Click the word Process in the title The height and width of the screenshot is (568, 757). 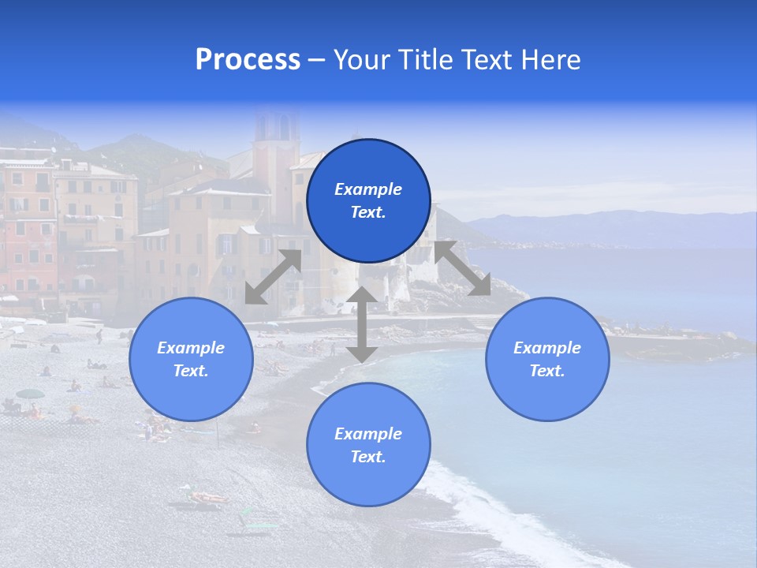(x=248, y=60)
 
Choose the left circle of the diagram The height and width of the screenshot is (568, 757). (x=191, y=359)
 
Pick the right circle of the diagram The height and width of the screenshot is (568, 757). (x=547, y=359)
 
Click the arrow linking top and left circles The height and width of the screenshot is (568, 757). (x=273, y=277)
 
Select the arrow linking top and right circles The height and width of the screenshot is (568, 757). (x=463, y=268)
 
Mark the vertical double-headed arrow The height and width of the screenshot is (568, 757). (x=362, y=324)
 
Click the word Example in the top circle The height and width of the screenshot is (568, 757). (x=368, y=189)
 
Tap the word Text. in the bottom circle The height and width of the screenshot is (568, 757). (x=368, y=457)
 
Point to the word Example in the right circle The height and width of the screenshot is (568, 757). (x=547, y=348)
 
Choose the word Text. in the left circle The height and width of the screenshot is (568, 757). (x=191, y=371)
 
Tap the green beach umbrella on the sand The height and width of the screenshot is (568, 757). (x=31, y=394)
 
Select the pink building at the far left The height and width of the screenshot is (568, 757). (x=28, y=229)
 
